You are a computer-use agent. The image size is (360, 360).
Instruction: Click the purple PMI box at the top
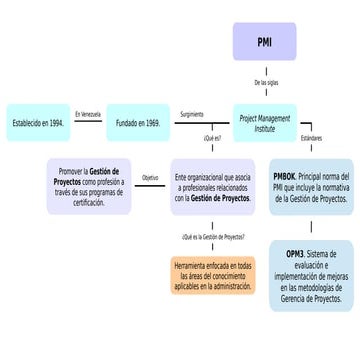[264, 44]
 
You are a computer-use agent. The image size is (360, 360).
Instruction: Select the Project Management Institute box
[264, 122]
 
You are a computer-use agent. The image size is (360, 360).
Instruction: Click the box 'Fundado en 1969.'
[138, 122]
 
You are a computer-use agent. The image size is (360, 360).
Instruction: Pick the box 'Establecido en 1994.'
[37, 122]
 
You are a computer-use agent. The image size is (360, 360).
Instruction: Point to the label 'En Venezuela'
[88, 115]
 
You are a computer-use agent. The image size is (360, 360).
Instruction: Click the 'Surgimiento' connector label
[192, 115]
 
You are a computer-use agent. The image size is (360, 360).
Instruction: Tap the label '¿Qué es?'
[211, 138]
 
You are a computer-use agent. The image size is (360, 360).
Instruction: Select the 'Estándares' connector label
[311, 138]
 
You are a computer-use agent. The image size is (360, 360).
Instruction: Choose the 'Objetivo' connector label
[150, 178]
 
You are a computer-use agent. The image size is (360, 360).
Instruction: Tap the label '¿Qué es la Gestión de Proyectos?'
[212, 237]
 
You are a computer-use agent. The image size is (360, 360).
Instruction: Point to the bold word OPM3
[295, 253]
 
